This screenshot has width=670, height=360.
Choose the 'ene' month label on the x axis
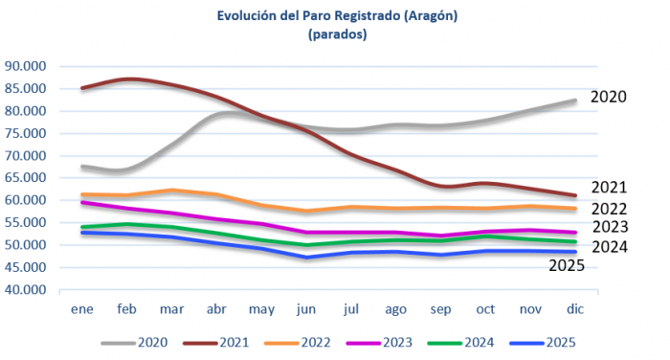(81, 310)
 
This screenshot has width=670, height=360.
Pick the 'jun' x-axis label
(306, 310)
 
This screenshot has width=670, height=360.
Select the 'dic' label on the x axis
(574, 310)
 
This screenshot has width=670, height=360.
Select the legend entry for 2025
(541, 342)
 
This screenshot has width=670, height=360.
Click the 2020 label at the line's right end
(609, 97)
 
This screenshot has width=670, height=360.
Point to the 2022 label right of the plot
(609, 208)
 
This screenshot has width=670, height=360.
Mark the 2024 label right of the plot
(609, 246)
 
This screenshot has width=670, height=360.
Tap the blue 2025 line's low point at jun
(306, 257)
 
